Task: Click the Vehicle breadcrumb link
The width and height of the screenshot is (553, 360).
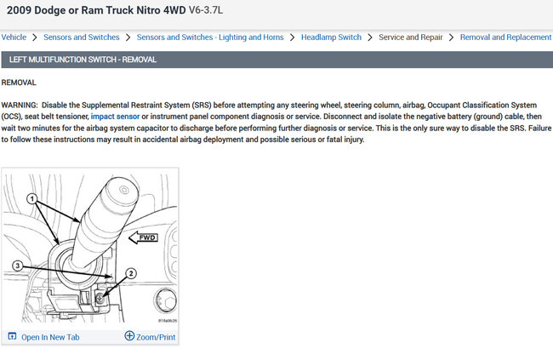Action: [x=14, y=37]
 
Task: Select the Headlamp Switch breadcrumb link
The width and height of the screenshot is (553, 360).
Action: [x=331, y=37]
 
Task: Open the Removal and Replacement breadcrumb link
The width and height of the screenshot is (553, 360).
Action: [x=505, y=37]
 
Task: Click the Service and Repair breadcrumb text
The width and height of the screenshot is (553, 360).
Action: [x=411, y=37]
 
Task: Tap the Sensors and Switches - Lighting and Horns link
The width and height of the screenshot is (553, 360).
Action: [x=210, y=37]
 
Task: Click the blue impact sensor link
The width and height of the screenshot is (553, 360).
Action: [x=115, y=117]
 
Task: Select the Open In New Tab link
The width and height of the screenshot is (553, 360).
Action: [x=50, y=337]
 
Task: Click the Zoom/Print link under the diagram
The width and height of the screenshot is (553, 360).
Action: [x=156, y=337]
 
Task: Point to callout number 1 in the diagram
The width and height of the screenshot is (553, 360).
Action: [x=32, y=198]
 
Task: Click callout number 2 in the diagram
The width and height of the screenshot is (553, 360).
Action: [x=131, y=273]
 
